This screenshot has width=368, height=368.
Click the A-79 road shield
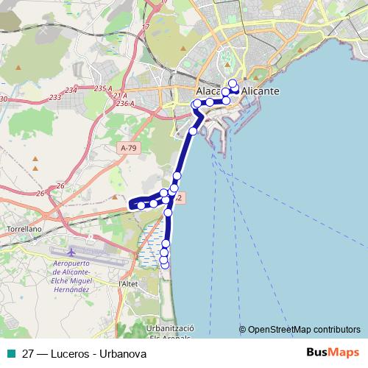point(128,148)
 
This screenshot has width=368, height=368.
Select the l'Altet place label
point(128,283)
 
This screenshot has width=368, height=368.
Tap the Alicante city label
point(261,91)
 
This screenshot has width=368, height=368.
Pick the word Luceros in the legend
point(66,353)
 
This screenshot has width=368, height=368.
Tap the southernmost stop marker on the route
point(164,265)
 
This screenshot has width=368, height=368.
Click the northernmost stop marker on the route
point(233,83)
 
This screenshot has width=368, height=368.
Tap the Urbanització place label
point(170,328)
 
